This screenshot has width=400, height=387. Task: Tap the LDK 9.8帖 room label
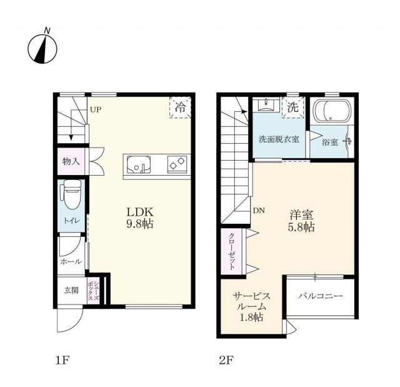click(x=141, y=216)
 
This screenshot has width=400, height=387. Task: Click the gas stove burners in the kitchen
click(x=177, y=165)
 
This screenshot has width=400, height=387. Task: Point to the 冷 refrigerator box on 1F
click(x=179, y=108)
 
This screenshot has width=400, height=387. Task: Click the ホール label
click(x=71, y=262)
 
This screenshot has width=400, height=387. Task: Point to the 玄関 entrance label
click(x=71, y=290)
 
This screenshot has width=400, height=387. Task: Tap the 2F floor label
click(x=225, y=360)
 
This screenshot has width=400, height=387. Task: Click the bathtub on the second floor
click(x=331, y=113)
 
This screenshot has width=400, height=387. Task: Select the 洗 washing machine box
click(x=292, y=107)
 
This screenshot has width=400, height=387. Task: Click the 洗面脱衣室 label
click(x=279, y=139)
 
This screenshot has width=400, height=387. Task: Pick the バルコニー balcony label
click(x=320, y=295)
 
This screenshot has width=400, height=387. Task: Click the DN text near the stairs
click(x=259, y=211)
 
